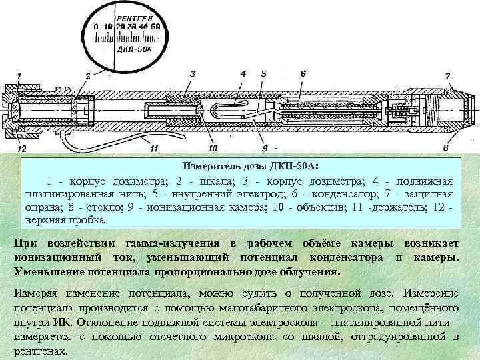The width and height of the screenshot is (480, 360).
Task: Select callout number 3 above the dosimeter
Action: coord(192,73)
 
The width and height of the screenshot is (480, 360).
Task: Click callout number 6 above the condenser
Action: coord(303,73)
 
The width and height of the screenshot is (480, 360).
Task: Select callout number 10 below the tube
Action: coord(212,147)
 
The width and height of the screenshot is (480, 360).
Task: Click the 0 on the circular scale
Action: coord(97,26)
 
